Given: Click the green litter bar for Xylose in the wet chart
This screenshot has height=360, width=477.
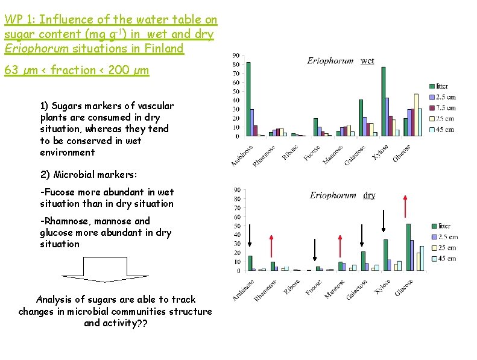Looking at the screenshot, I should (384, 101).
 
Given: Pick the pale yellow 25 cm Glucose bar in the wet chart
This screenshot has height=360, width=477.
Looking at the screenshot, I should (416, 115).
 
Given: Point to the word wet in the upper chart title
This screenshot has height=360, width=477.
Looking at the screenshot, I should (367, 61).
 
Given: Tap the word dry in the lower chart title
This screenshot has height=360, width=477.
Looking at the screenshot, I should (370, 195).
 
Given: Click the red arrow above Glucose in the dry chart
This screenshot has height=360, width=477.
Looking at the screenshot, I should (405, 205).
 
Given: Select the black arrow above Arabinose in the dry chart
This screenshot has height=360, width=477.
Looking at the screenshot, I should (250, 238).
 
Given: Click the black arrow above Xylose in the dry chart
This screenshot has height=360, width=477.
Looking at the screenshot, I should (384, 221).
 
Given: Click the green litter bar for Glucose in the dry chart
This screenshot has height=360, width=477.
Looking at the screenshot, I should (408, 247).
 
